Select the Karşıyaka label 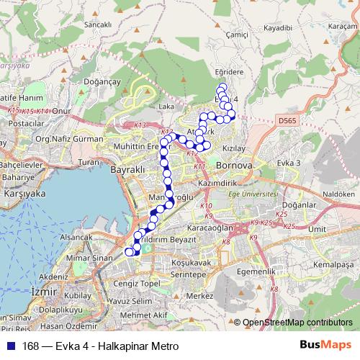[25, 194]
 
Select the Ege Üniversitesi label [251, 193]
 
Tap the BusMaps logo [325, 346]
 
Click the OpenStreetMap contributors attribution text [297, 323]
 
